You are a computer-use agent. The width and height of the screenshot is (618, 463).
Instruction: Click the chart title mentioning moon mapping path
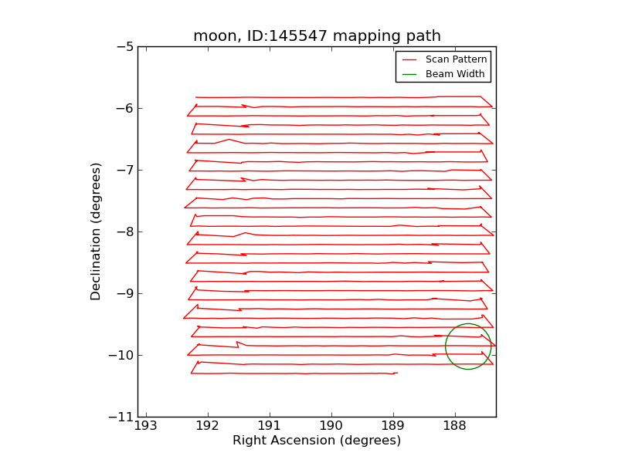pos(317,36)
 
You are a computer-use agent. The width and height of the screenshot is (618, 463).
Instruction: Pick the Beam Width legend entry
pos(455,74)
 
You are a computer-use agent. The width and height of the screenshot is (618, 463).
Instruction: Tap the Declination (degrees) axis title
pos(96,231)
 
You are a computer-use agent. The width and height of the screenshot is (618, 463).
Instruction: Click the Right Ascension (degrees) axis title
pos(317,441)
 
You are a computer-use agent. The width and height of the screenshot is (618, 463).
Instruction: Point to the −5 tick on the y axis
pos(124,46)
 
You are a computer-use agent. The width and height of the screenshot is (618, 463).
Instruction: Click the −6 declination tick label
pos(124,108)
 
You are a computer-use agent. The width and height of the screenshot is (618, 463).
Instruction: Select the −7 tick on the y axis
pos(124,170)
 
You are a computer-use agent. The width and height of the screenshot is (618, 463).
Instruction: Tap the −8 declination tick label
pos(124,231)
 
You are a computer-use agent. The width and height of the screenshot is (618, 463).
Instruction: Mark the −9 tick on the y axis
pos(124,293)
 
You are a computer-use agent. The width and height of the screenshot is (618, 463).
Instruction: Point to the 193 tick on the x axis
pos(146,427)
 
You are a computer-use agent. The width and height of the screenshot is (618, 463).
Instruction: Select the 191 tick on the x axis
pos(270,427)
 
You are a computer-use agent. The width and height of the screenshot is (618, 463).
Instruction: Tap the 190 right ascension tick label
pos(331,427)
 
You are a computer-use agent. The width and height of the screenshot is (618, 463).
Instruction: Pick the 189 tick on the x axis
pos(393,427)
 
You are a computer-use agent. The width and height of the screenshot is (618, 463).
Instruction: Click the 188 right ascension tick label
pos(455,427)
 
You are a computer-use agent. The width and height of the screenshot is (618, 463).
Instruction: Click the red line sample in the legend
pos(409,59)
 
